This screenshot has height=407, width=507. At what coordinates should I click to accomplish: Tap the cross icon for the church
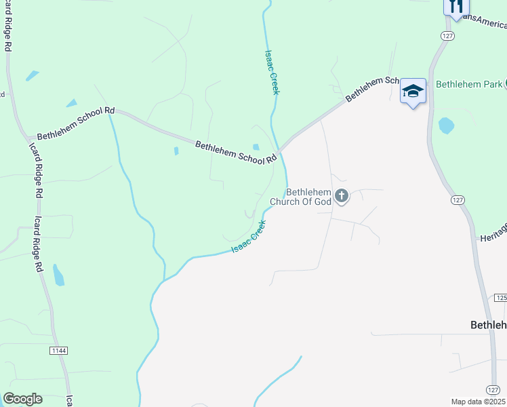[x=342, y=197]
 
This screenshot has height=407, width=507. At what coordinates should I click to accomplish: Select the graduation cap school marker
[x=412, y=92]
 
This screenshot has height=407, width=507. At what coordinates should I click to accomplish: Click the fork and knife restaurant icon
[x=455, y=6]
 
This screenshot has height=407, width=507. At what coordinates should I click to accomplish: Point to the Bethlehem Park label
[x=468, y=85]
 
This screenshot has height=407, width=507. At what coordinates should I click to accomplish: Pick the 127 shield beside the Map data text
[x=493, y=389]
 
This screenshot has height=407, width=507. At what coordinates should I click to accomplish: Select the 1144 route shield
[x=59, y=350]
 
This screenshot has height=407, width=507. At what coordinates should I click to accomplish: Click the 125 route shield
[x=501, y=298]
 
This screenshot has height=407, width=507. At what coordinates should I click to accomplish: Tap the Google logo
[x=22, y=399]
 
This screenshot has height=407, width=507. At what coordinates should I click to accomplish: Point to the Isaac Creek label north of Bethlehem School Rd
[x=270, y=72]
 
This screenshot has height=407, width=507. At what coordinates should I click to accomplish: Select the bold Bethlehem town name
[x=488, y=325]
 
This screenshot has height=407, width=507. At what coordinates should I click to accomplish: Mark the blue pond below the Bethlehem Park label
[x=446, y=125]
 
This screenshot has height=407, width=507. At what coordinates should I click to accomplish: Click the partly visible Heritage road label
[x=493, y=233]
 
